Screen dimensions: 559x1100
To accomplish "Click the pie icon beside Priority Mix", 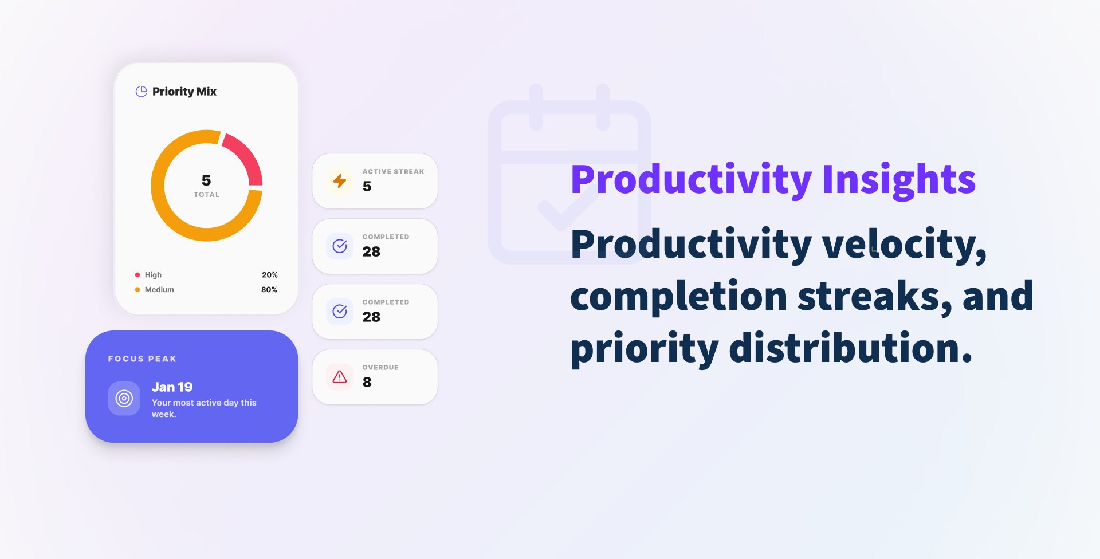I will coord(141,92).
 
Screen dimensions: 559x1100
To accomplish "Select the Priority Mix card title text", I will coord(184,92).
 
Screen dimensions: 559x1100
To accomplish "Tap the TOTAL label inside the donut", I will coord(206,195).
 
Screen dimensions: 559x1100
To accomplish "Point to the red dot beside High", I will coord(137,275).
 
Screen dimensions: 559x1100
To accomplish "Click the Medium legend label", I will coord(159,290).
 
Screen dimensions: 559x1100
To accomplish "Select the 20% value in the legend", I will coord(269,275).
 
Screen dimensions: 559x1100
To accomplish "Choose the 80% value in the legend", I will coord(269,290).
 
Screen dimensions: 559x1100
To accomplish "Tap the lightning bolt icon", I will coord(340,181).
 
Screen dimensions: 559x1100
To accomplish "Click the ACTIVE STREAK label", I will coord(393,171).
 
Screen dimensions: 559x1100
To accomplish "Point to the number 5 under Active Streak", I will coord(367,187).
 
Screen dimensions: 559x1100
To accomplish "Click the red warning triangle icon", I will coord(340,377).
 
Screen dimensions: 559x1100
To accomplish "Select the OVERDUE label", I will coord(380,367).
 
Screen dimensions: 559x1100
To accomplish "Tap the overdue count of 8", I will coord(367,383).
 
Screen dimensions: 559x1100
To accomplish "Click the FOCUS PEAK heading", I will coord(142,359).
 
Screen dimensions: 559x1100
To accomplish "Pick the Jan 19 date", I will coord(172,387).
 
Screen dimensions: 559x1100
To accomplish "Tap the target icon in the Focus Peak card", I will coord(124,398).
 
